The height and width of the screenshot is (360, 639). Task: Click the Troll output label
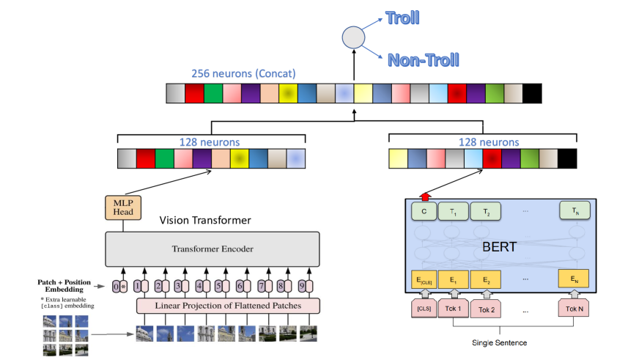tap(404, 18)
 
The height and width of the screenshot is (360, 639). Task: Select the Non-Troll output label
tap(423, 59)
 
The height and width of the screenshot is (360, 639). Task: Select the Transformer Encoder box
tap(213, 249)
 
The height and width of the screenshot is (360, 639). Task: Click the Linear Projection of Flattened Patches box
tap(229, 305)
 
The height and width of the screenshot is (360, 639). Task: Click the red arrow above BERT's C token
tap(424, 196)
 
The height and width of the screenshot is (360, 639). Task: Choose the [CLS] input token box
tap(424, 309)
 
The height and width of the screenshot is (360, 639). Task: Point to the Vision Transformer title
tap(205, 220)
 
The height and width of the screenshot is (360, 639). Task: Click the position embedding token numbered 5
tap(218, 287)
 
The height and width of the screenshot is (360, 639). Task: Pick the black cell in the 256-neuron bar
tap(532, 93)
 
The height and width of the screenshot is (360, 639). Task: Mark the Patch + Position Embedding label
tap(70, 285)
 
